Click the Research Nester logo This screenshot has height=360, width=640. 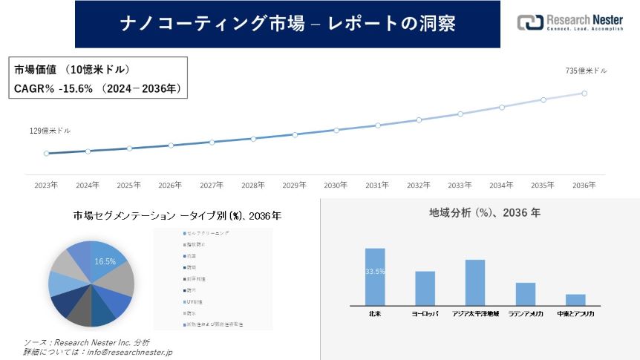[569, 23]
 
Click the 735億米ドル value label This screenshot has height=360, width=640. [586, 71]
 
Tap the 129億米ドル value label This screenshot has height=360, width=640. [50, 131]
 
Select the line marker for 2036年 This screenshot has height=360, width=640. [584, 94]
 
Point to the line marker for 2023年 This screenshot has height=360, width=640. [46, 154]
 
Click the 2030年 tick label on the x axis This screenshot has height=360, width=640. [336, 185]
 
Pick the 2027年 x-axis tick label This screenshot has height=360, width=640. [212, 185]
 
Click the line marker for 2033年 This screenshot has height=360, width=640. [460, 114]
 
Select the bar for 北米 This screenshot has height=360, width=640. [375, 276]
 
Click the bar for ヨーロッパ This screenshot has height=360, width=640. [425, 288]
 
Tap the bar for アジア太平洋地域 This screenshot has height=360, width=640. [474, 282]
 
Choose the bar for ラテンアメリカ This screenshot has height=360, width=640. [526, 293]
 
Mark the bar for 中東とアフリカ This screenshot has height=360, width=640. [575, 299]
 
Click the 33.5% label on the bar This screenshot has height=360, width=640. [375, 272]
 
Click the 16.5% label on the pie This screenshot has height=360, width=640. [105, 261]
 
